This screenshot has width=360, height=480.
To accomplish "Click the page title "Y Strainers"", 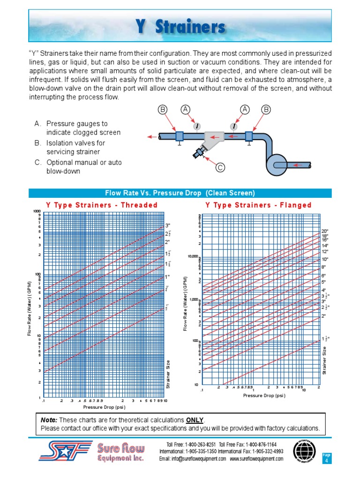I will (180, 27).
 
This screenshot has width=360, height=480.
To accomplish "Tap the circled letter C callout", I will (218, 167).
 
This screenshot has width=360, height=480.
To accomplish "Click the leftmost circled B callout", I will (163, 110).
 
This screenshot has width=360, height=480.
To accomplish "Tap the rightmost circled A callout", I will (244, 110).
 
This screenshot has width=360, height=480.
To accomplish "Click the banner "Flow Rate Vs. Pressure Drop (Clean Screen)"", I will (180, 193).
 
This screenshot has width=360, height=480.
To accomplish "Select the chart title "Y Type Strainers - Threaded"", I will (102, 205).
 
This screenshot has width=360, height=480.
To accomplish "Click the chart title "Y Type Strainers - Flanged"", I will (258, 205).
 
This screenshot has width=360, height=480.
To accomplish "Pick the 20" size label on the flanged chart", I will (325, 231).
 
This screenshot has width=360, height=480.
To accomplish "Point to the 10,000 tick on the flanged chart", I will (193, 256).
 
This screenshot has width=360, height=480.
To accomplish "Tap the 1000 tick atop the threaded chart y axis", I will (37, 211).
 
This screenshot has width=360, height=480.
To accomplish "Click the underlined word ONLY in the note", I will (195, 420).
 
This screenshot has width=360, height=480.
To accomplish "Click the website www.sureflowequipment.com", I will (256, 459).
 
